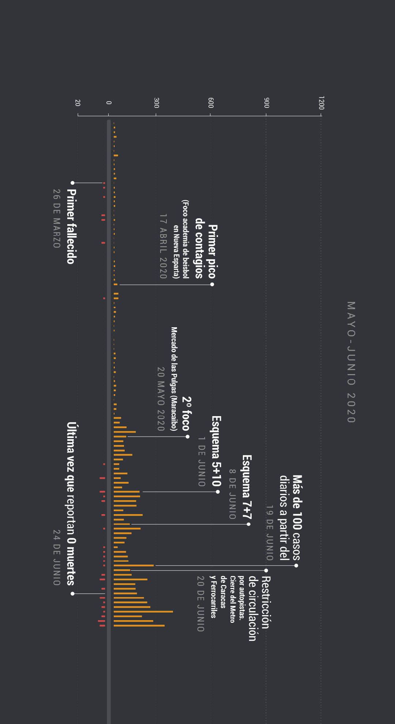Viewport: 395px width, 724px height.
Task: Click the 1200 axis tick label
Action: pos(321,103)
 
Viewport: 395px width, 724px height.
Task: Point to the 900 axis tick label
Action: pos(267,103)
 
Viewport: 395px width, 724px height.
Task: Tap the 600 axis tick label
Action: pos(211,103)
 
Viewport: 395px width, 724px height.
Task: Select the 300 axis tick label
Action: pos(157,103)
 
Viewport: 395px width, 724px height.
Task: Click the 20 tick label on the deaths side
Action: pos(78,103)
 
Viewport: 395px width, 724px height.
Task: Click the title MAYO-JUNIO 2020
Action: pos(351,362)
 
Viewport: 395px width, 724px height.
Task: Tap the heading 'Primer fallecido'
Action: pos(71,226)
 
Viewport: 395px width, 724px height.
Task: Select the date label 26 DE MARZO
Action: pos(56,218)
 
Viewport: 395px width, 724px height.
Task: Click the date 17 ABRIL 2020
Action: pos(163,246)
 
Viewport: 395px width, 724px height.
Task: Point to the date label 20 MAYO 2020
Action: pos(161,399)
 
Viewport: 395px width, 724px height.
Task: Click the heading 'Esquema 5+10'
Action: pos(217,451)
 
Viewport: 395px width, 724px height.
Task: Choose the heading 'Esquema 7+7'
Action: pos(247,487)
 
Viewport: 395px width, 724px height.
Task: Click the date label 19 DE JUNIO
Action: pos(270,533)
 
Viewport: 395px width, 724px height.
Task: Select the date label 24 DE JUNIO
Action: pos(56,557)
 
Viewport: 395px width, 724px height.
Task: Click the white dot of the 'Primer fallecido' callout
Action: pos(72,183)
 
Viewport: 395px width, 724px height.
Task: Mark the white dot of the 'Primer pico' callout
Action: pos(212,284)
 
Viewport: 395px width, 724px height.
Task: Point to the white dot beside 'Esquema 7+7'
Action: pos(249,524)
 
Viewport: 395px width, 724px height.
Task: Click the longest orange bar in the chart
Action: pos(143,611)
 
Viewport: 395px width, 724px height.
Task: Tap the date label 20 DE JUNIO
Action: pos(200,603)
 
